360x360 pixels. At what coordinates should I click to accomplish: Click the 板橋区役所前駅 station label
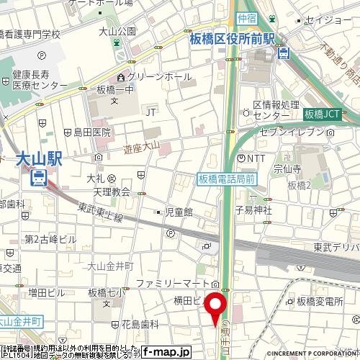(x=232, y=40)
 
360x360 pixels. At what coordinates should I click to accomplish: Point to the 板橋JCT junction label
(x=321, y=114)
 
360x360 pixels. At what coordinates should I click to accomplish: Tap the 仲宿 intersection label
(x=247, y=17)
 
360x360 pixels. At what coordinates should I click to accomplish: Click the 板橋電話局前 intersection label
(x=227, y=178)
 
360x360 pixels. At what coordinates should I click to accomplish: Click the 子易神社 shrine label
(x=253, y=210)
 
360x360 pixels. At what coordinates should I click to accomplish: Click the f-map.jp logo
(x=166, y=352)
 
